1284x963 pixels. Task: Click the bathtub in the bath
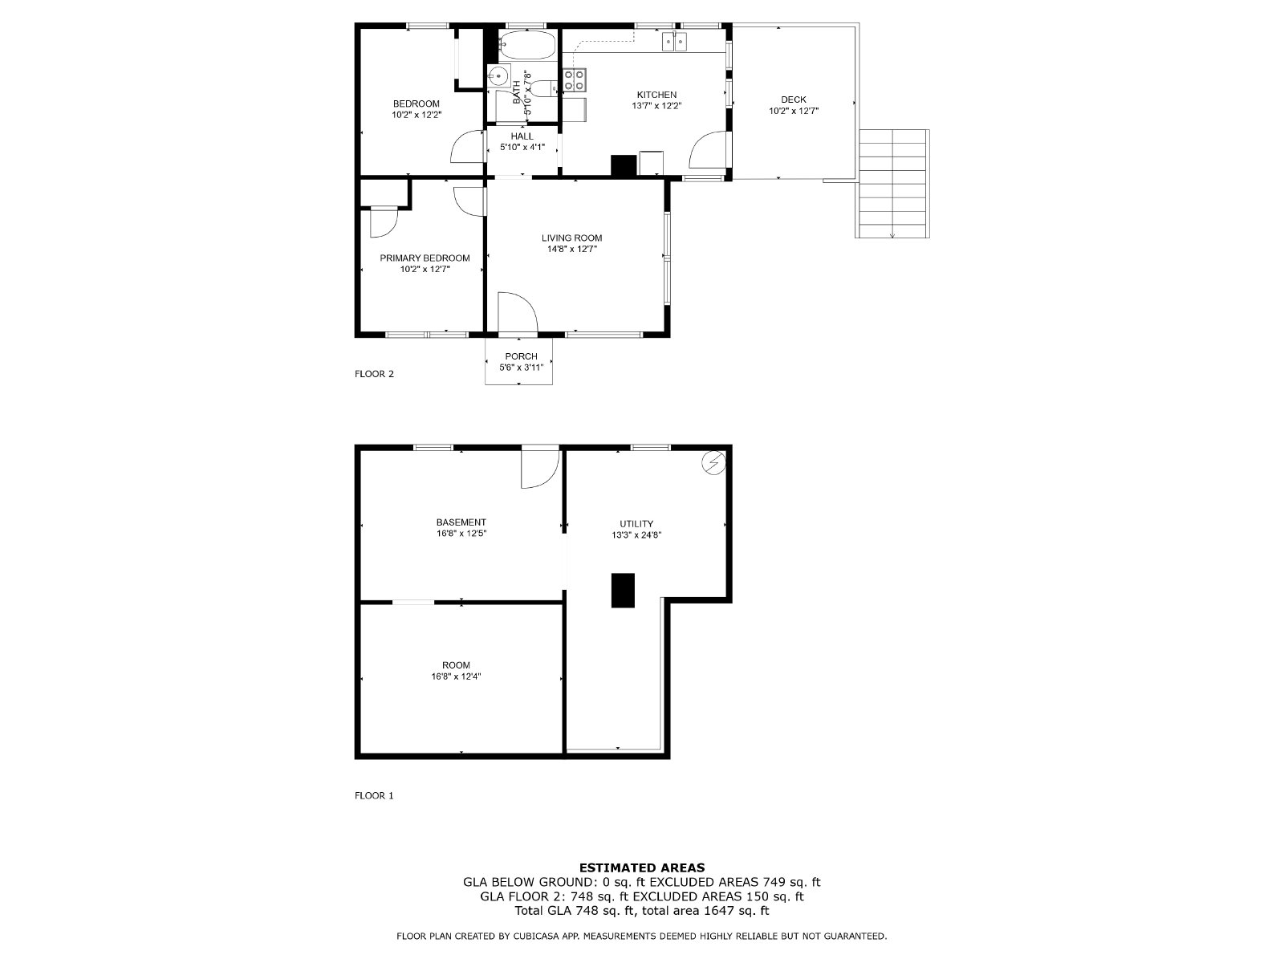(x=527, y=46)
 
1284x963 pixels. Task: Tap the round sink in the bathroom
(x=498, y=75)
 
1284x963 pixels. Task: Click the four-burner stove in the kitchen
(x=575, y=79)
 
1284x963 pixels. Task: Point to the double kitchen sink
(x=674, y=42)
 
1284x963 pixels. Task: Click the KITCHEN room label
(x=656, y=95)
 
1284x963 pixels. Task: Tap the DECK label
(x=793, y=100)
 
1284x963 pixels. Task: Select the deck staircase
(x=892, y=184)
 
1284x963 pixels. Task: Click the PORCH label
(x=521, y=356)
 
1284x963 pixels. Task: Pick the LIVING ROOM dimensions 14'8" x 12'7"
(x=572, y=249)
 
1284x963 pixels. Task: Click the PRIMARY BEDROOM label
(x=425, y=258)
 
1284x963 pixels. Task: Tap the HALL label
(x=522, y=136)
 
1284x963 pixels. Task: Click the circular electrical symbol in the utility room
(x=713, y=463)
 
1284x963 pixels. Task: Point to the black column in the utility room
(x=623, y=591)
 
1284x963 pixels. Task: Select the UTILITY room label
(x=636, y=524)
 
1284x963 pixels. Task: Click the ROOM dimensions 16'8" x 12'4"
(x=457, y=677)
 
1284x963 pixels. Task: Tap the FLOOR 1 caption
(x=375, y=796)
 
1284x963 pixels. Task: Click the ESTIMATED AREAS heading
(x=642, y=868)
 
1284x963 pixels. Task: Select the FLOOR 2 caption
(x=375, y=374)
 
